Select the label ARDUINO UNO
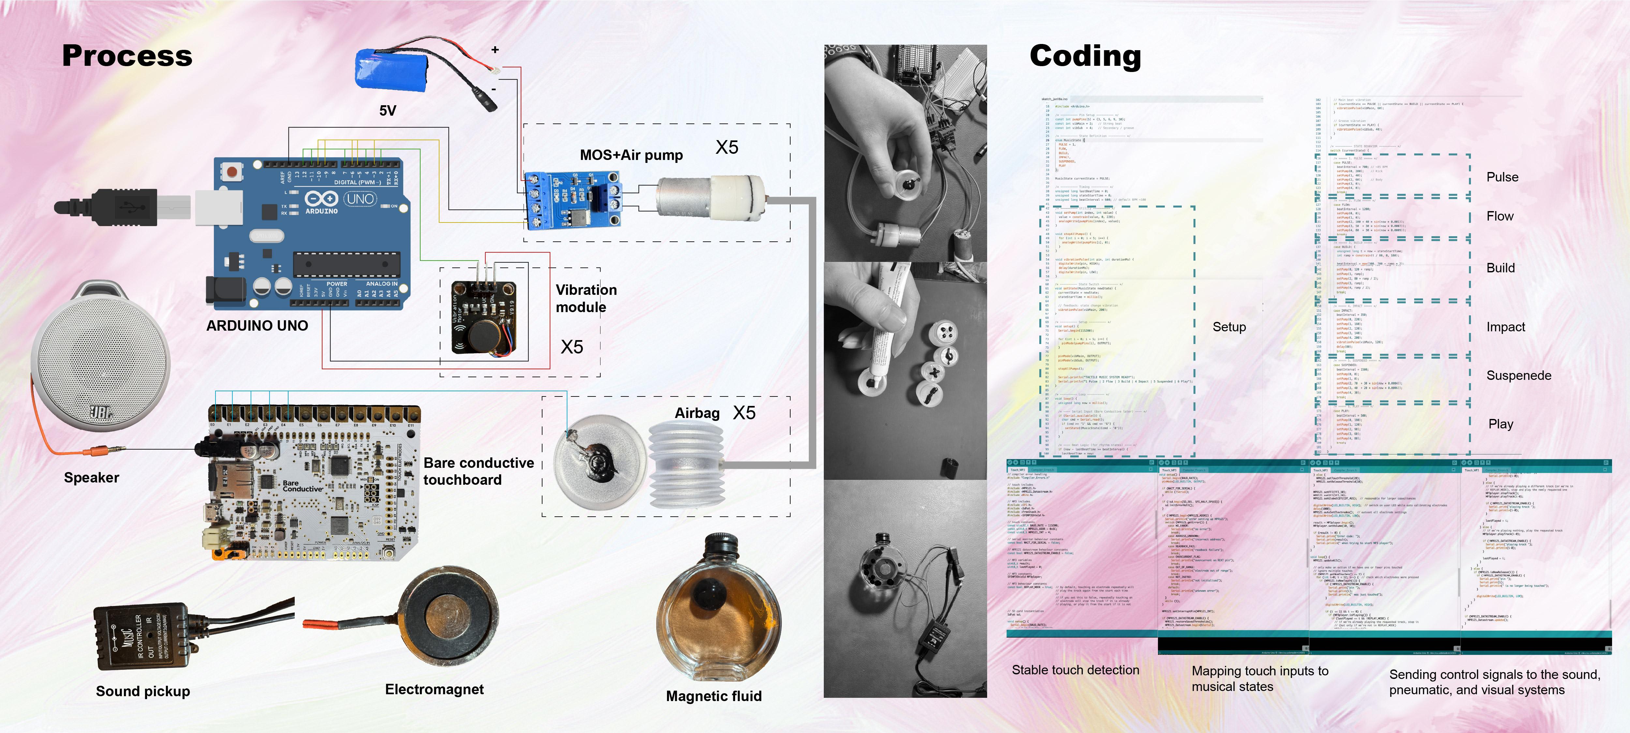(x=257, y=326)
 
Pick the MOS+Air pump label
(x=631, y=155)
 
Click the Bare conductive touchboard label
(x=478, y=471)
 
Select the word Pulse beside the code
(x=1502, y=177)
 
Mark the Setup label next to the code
(x=1229, y=327)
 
